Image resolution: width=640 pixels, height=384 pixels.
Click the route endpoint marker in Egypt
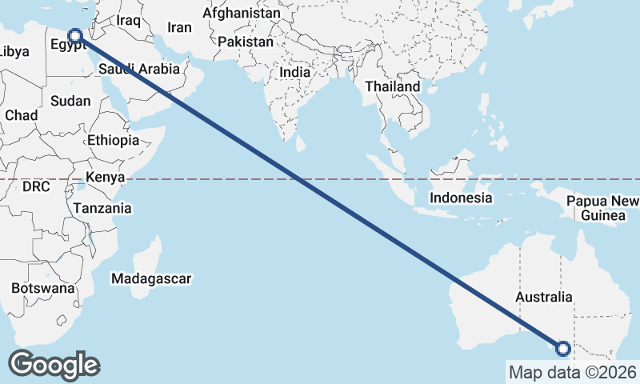(75, 35)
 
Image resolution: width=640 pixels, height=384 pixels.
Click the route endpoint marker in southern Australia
(562, 348)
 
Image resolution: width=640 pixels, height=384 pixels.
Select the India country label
(295, 72)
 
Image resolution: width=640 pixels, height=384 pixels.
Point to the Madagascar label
(151, 279)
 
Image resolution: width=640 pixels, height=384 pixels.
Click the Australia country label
(544, 298)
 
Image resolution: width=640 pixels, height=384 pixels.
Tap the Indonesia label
(460, 198)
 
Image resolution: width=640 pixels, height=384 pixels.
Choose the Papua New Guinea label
(603, 208)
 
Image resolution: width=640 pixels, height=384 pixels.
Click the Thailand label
(392, 86)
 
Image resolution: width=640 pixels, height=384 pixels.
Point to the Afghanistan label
(241, 14)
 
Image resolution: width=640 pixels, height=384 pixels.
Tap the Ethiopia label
(114, 140)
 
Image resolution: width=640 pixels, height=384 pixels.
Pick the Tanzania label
(102, 208)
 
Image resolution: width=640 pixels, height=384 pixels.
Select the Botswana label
(43, 288)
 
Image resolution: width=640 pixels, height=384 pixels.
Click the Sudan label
(70, 101)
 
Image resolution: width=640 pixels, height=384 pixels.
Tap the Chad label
(21, 115)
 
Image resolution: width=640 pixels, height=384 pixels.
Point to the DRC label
(36, 186)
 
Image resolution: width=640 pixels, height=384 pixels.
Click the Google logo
(54, 365)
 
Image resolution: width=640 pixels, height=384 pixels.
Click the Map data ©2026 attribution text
(572, 372)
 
